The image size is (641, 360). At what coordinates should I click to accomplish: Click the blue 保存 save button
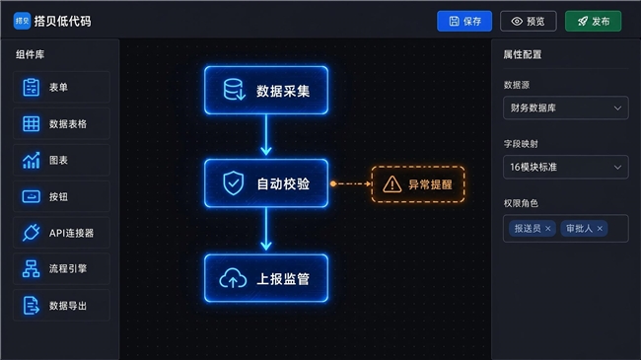click(x=464, y=22)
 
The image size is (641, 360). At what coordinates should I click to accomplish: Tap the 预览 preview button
click(x=529, y=22)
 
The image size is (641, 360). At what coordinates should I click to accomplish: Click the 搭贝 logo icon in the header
click(x=22, y=21)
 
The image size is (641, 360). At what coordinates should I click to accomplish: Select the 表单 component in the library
click(x=61, y=87)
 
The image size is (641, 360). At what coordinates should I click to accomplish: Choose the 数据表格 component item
click(x=61, y=123)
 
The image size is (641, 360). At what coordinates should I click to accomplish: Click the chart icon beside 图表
click(x=32, y=160)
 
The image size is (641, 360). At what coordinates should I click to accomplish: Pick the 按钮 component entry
click(x=61, y=196)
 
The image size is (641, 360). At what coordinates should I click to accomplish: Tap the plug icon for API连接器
click(x=32, y=233)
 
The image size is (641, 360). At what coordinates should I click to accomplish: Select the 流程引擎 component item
click(x=61, y=269)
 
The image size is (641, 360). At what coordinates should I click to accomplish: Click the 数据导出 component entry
click(x=61, y=305)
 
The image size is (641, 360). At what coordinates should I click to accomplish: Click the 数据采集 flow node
click(x=266, y=91)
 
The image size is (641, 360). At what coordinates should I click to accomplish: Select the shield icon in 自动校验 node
click(x=234, y=183)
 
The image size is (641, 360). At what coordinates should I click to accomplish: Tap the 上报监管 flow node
click(x=266, y=278)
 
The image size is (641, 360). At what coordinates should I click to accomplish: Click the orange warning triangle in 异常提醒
click(x=392, y=184)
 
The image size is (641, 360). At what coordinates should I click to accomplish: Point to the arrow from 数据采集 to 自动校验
click(x=266, y=134)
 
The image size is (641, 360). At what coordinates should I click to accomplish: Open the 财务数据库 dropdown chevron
click(x=617, y=108)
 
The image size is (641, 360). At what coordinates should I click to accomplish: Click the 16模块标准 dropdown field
click(x=566, y=167)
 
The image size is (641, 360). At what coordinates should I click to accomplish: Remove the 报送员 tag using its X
click(x=548, y=229)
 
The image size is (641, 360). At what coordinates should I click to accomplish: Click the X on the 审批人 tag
click(x=600, y=229)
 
